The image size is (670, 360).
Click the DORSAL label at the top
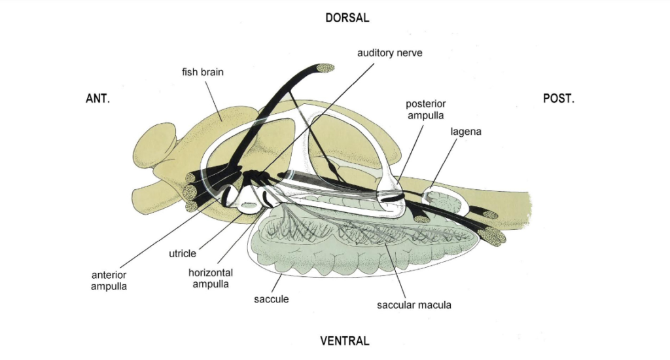click(x=347, y=18)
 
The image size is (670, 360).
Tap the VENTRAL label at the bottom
click(x=344, y=341)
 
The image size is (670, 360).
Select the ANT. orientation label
click(x=98, y=98)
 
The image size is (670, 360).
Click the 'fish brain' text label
click(x=203, y=72)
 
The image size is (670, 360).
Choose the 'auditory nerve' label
click(x=389, y=52)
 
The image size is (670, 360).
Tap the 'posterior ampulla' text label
click(x=425, y=109)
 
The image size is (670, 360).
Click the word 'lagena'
click(x=466, y=132)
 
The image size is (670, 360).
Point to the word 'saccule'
click(x=272, y=299)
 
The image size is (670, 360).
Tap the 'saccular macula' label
click(x=414, y=305)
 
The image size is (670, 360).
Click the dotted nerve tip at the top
click(x=325, y=67)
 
